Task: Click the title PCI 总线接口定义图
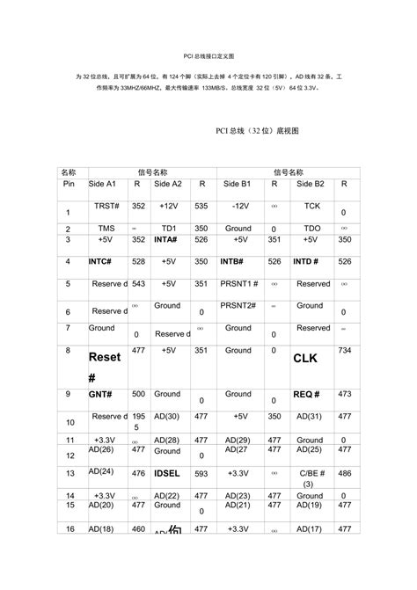pos(208,55)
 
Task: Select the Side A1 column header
pos(103,184)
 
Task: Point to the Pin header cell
pos(69,184)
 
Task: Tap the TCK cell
pos(312,205)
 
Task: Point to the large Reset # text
pos(104,367)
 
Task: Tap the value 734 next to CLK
pos(344,350)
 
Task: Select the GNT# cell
pos(99,395)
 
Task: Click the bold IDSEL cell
pos(168,473)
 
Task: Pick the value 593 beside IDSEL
pos(201,472)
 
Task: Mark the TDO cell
pos(312,228)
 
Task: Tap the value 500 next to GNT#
pos(138,394)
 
